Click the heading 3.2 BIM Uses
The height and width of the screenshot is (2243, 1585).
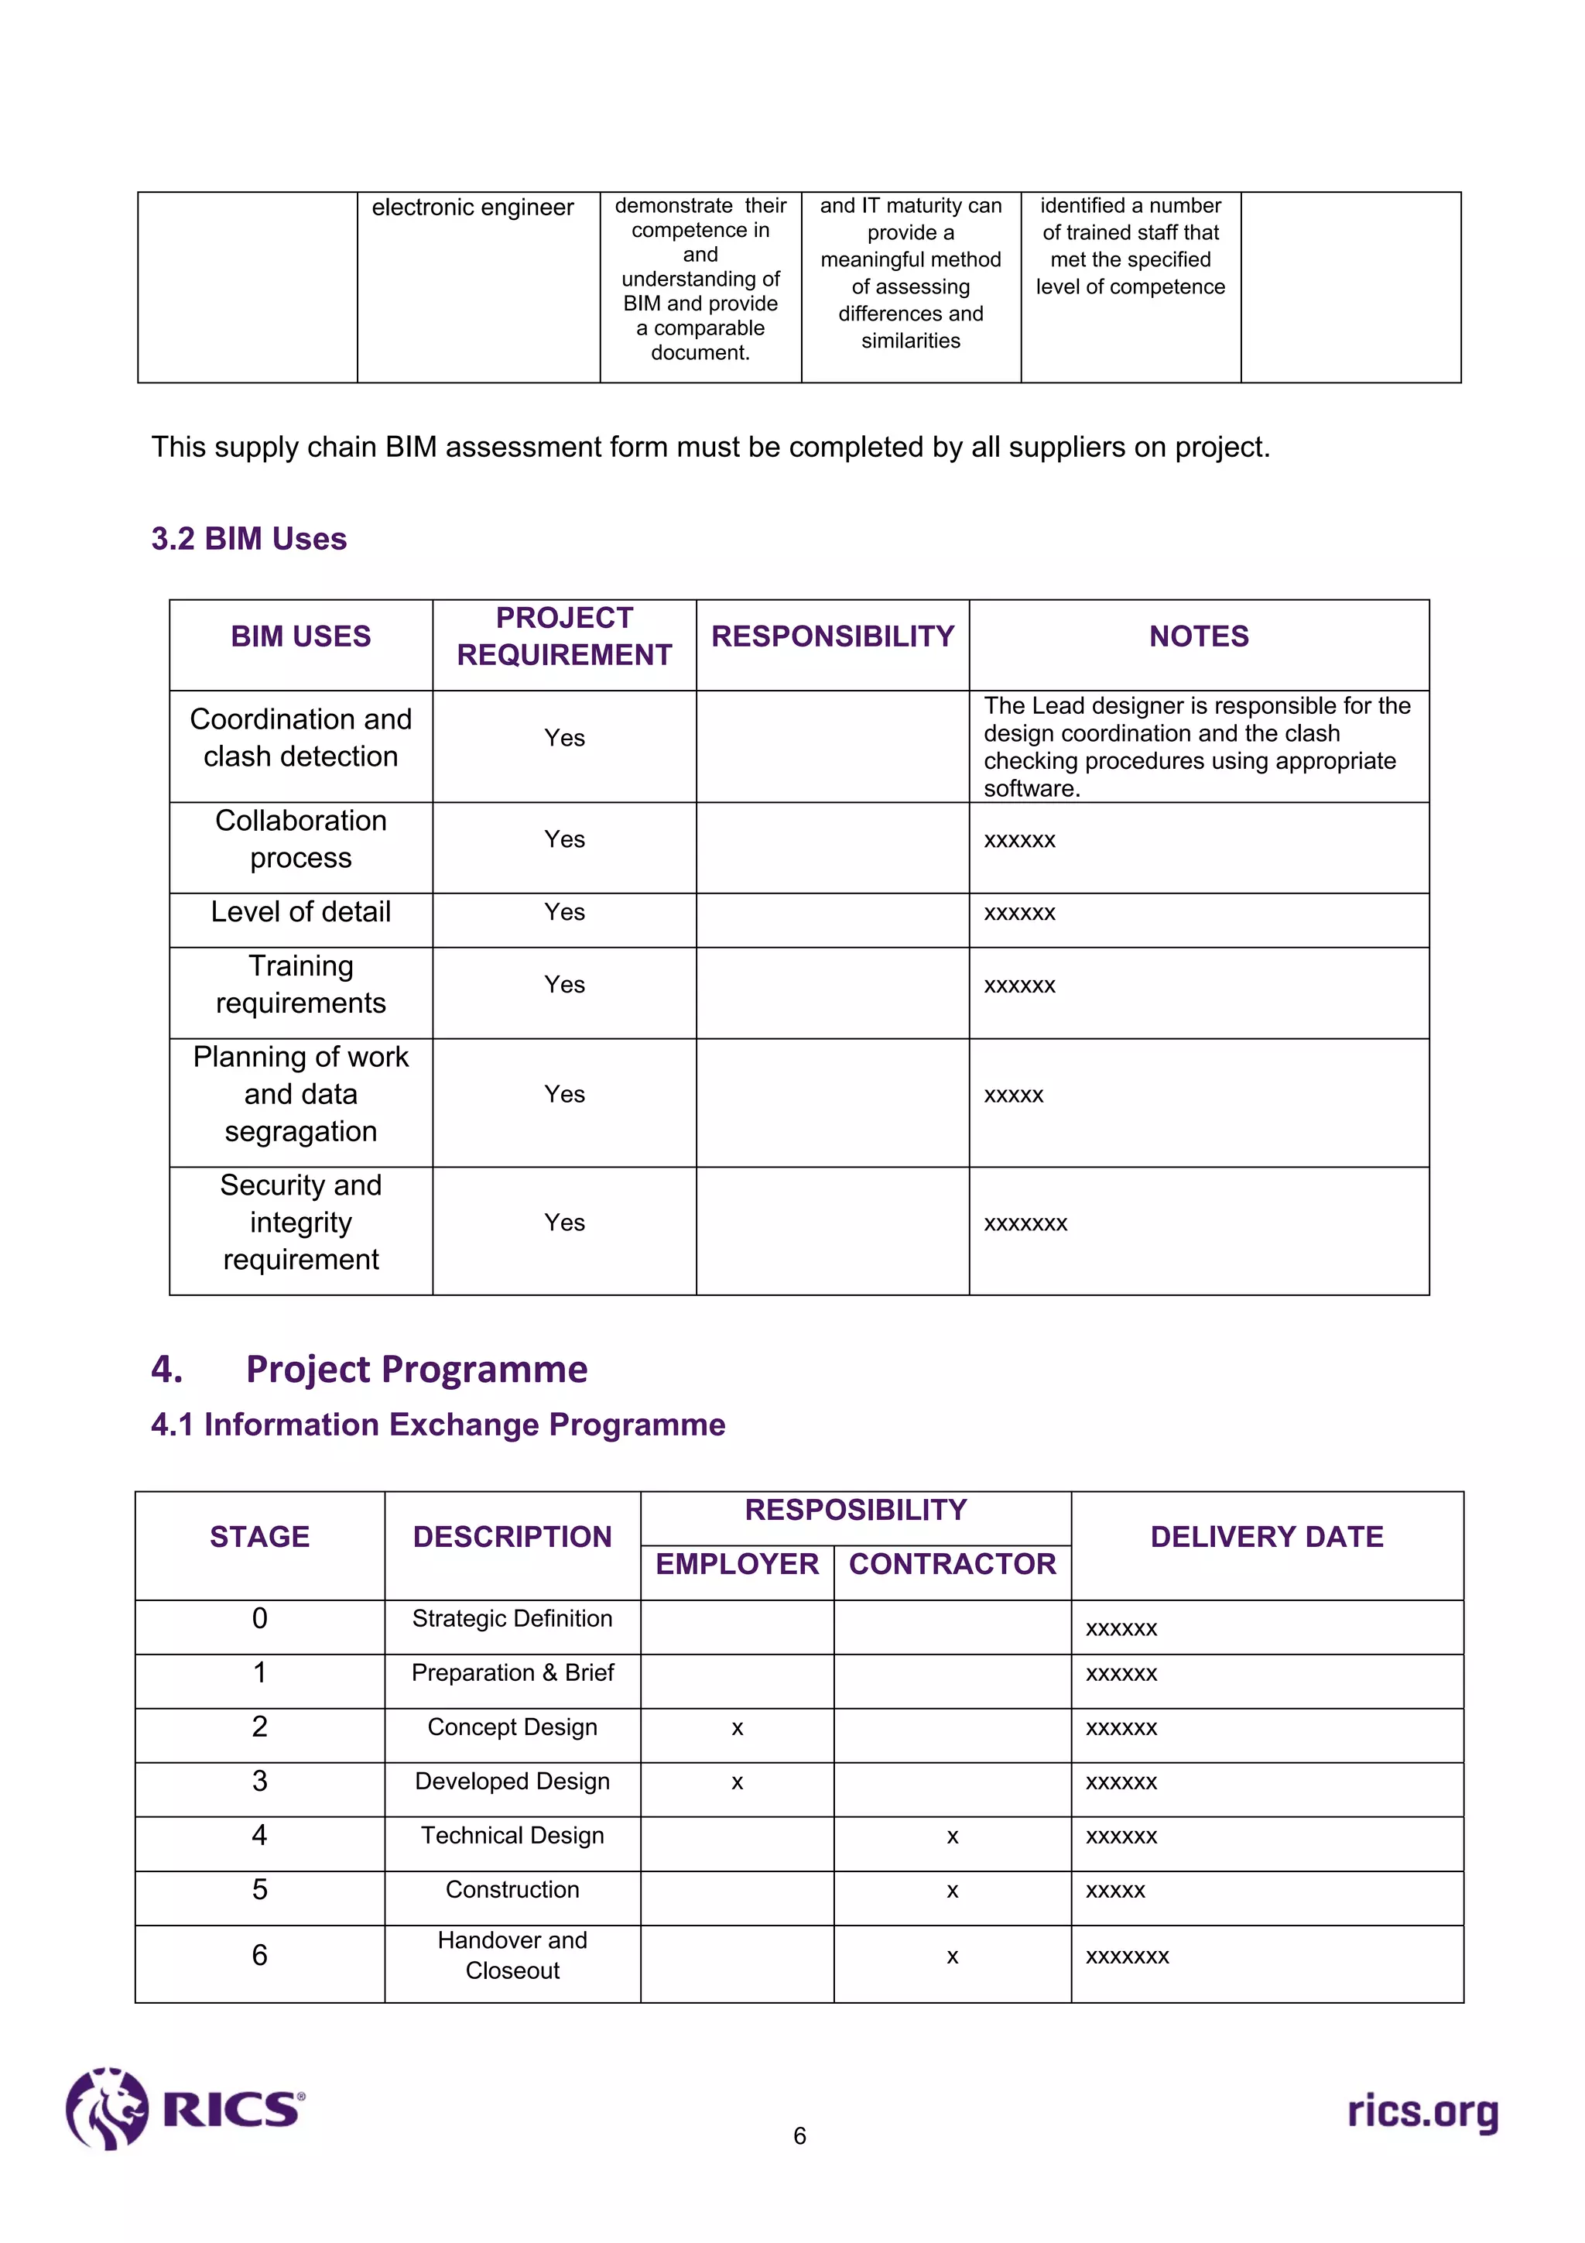(x=249, y=538)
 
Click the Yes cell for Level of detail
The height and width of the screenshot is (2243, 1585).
(x=563, y=912)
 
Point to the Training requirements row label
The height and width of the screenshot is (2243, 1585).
(x=301, y=984)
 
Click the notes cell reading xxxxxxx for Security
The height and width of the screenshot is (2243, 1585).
(x=1025, y=1223)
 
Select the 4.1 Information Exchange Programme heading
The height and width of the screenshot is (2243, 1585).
(x=437, y=1425)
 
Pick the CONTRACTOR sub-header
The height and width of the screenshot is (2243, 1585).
(x=952, y=1564)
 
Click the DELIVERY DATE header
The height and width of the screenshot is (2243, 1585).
(x=1267, y=1537)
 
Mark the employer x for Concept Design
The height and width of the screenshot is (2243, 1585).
(x=738, y=1728)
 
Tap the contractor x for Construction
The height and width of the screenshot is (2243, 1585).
(x=952, y=1891)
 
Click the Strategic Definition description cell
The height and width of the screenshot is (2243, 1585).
(x=512, y=1619)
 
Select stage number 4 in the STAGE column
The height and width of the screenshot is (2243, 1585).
(x=260, y=1835)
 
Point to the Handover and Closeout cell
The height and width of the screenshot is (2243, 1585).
(x=512, y=1955)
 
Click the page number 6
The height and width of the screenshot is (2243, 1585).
(x=799, y=2136)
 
